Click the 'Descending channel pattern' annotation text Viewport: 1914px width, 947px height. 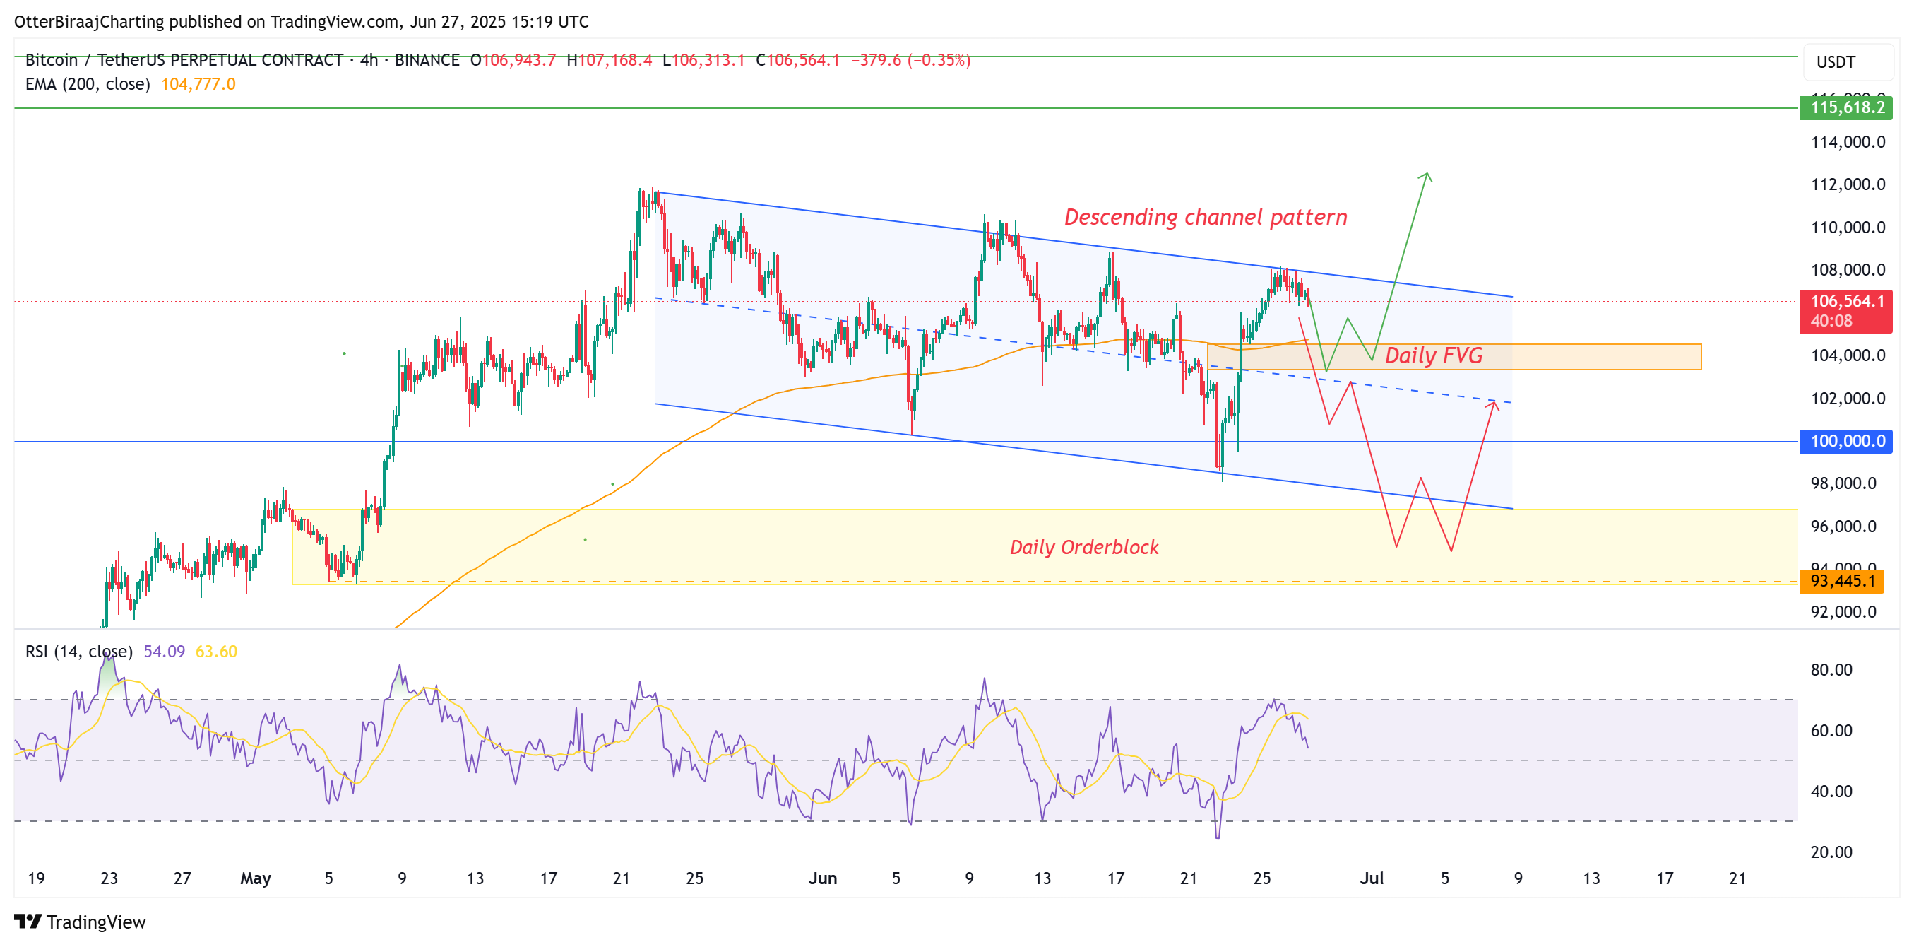[x=1205, y=217]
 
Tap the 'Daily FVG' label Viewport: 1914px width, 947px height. [x=1433, y=356]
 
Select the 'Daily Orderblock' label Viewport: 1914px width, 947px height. [x=1083, y=548]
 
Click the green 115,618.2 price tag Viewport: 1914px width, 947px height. [x=1845, y=108]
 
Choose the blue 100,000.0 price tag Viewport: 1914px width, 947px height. [x=1845, y=442]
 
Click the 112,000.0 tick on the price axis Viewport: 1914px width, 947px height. [x=1847, y=184]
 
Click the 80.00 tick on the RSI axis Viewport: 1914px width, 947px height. [x=1831, y=670]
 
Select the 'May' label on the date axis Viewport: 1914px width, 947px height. [x=255, y=878]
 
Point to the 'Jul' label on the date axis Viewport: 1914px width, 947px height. [x=1372, y=878]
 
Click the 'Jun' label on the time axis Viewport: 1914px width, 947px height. [x=823, y=878]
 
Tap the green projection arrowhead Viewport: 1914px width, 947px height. [x=1426, y=176]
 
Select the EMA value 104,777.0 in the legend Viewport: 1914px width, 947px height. [x=198, y=84]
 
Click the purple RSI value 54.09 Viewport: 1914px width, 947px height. [x=163, y=652]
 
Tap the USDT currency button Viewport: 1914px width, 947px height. [x=1836, y=62]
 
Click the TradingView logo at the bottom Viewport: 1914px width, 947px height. [x=81, y=922]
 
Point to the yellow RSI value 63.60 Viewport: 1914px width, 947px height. [x=216, y=652]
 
